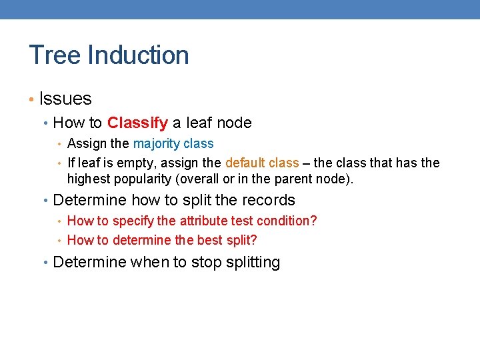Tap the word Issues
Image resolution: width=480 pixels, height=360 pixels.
(65, 99)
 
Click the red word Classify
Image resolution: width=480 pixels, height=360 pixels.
(137, 123)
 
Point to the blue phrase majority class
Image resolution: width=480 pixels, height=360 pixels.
(173, 143)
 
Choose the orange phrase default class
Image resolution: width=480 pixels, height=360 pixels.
(262, 163)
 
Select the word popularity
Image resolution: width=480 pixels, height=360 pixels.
(142, 179)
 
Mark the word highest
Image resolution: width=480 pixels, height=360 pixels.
(88, 179)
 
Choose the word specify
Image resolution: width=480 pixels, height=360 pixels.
(133, 221)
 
